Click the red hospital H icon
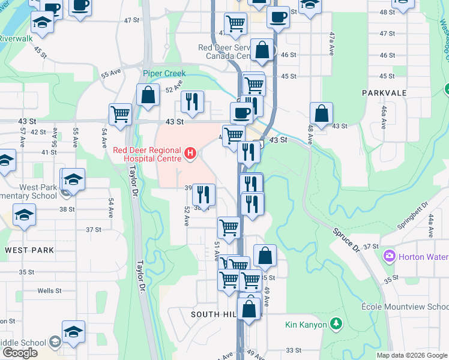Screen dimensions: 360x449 [190, 154]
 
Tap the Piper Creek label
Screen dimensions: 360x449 [164, 73]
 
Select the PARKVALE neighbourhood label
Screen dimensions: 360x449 [384, 93]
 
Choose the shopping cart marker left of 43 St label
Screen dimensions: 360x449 [121, 114]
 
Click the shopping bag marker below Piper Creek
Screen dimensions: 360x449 [148, 95]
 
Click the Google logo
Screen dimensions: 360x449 [19, 353]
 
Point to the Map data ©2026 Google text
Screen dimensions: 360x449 [411, 355]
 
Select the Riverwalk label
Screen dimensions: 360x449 [16, 38]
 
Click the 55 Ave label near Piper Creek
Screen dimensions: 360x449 [111, 74]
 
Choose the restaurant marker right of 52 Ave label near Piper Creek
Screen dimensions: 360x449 [192, 102]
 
